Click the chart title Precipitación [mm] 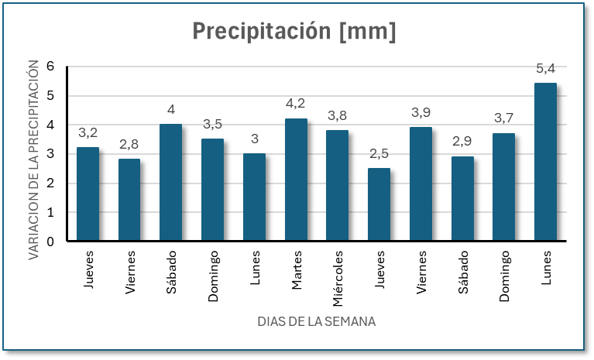294,32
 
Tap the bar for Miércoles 337,186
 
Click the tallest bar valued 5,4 545,162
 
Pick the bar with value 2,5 379,204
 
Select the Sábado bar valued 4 170,183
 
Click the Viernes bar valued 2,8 129,200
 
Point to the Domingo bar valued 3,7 503,187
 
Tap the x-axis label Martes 297,270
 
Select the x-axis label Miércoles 338,277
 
